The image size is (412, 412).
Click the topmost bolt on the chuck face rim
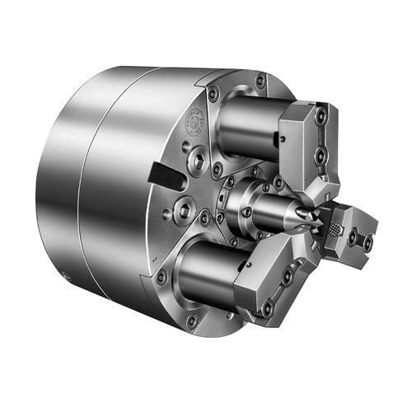click(x=260, y=81)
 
